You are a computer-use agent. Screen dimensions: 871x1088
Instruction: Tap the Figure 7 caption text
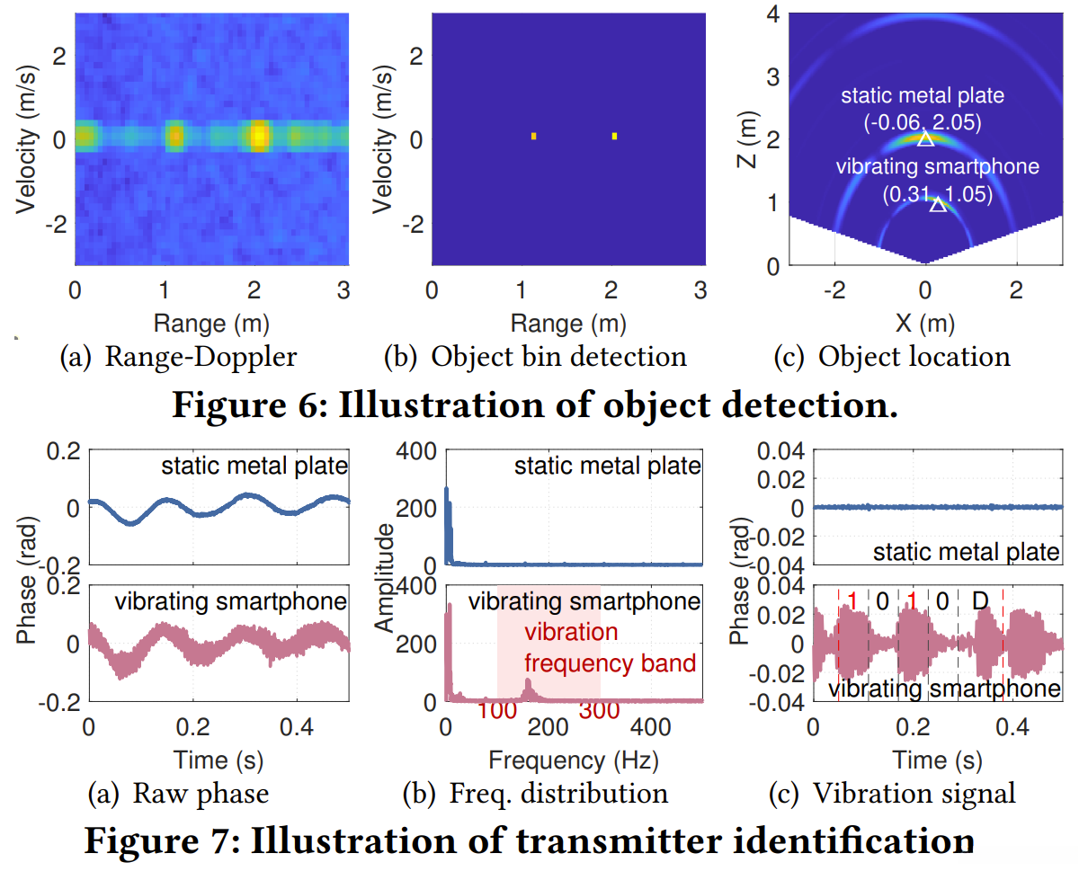530,841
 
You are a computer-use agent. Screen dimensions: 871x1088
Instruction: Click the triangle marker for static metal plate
926,138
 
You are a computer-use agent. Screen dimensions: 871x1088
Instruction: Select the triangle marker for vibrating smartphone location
938,204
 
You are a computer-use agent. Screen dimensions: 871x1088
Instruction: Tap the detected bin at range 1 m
534,136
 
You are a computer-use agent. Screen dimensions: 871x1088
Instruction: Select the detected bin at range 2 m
615,136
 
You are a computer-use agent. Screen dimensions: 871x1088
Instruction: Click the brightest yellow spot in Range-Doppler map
259,136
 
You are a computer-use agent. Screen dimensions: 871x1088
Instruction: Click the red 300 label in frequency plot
600,710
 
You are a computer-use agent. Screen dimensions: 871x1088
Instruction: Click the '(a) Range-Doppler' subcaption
178,357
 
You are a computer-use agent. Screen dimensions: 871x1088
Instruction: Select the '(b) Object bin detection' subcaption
535,357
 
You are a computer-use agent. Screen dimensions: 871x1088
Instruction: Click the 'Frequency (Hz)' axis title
574,760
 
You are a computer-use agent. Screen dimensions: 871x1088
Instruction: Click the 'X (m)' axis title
925,322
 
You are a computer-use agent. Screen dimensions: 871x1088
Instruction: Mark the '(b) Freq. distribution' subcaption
535,793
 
